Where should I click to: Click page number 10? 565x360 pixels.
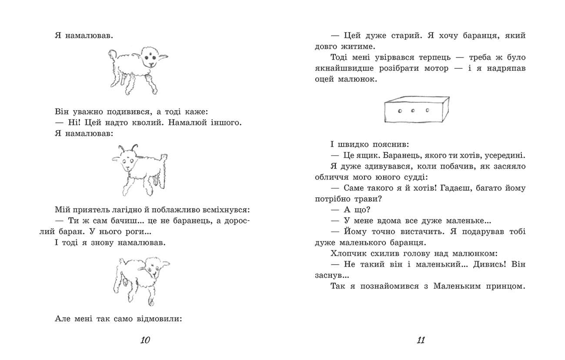(x=145, y=340)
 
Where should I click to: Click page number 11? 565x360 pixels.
(x=420, y=340)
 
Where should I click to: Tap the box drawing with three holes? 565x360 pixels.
(x=416, y=109)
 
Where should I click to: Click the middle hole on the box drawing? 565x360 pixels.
(x=413, y=111)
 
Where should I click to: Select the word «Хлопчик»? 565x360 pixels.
(x=349, y=253)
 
